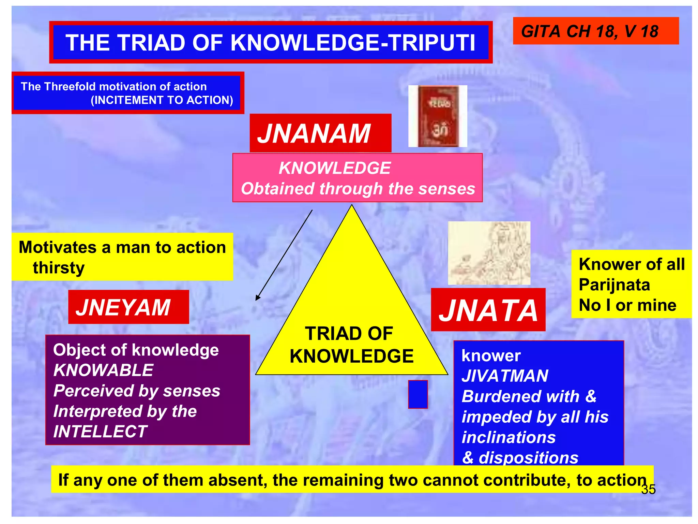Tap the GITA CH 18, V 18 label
(590, 31)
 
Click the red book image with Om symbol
(438, 116)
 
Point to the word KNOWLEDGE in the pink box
(334, 168)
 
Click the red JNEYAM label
(128, 307)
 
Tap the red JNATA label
(488, 310)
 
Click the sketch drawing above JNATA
(489, 253)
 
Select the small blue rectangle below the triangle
(418, 394)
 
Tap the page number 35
(648, 489)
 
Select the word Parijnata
(614, 285)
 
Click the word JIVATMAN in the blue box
(505, 376)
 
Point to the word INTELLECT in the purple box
(100, 432)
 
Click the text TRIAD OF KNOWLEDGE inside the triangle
(351, 345)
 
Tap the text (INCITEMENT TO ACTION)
(162, 100)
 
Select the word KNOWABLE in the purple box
(103, 370)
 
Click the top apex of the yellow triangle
(352, 207)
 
